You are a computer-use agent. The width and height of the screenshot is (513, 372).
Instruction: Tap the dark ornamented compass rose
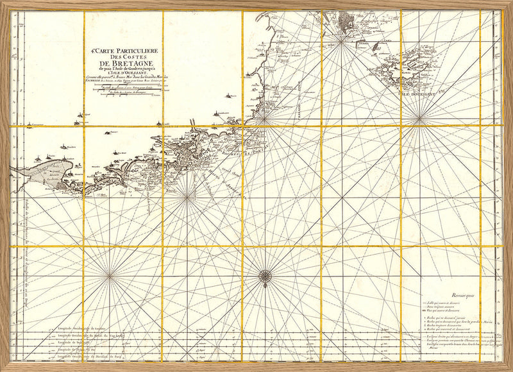click(x=265, y=276)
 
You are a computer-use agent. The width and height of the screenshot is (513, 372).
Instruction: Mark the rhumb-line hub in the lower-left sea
click(x=110, y=276)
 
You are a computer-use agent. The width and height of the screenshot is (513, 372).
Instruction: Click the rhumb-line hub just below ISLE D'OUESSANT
click(x=419, y=117)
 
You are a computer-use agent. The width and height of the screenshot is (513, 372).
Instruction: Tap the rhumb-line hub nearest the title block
click(x=186, y=198)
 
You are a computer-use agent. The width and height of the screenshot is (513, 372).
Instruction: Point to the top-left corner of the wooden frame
click(x=3, y=3)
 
